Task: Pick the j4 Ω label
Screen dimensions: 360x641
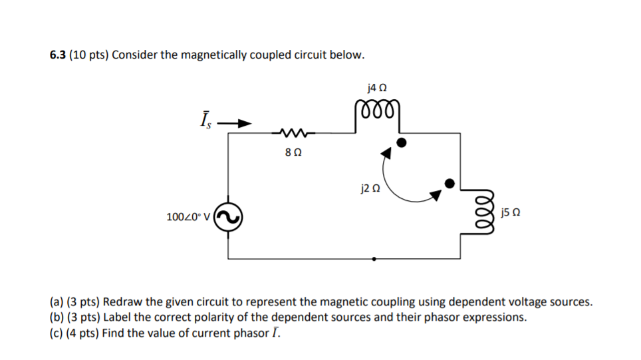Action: [x=376, y=87]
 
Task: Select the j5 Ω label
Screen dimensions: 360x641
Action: [x=509, y=213]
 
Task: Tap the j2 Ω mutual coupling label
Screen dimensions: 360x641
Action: [x=370, y=188]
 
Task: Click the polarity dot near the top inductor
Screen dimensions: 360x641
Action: [x=401, y=142]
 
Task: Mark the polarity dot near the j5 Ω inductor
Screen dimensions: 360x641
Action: [x=449, y=183]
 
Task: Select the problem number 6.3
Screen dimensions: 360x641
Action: [x=58, y=55]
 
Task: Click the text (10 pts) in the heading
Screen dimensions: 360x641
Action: [x=88, y=55]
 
